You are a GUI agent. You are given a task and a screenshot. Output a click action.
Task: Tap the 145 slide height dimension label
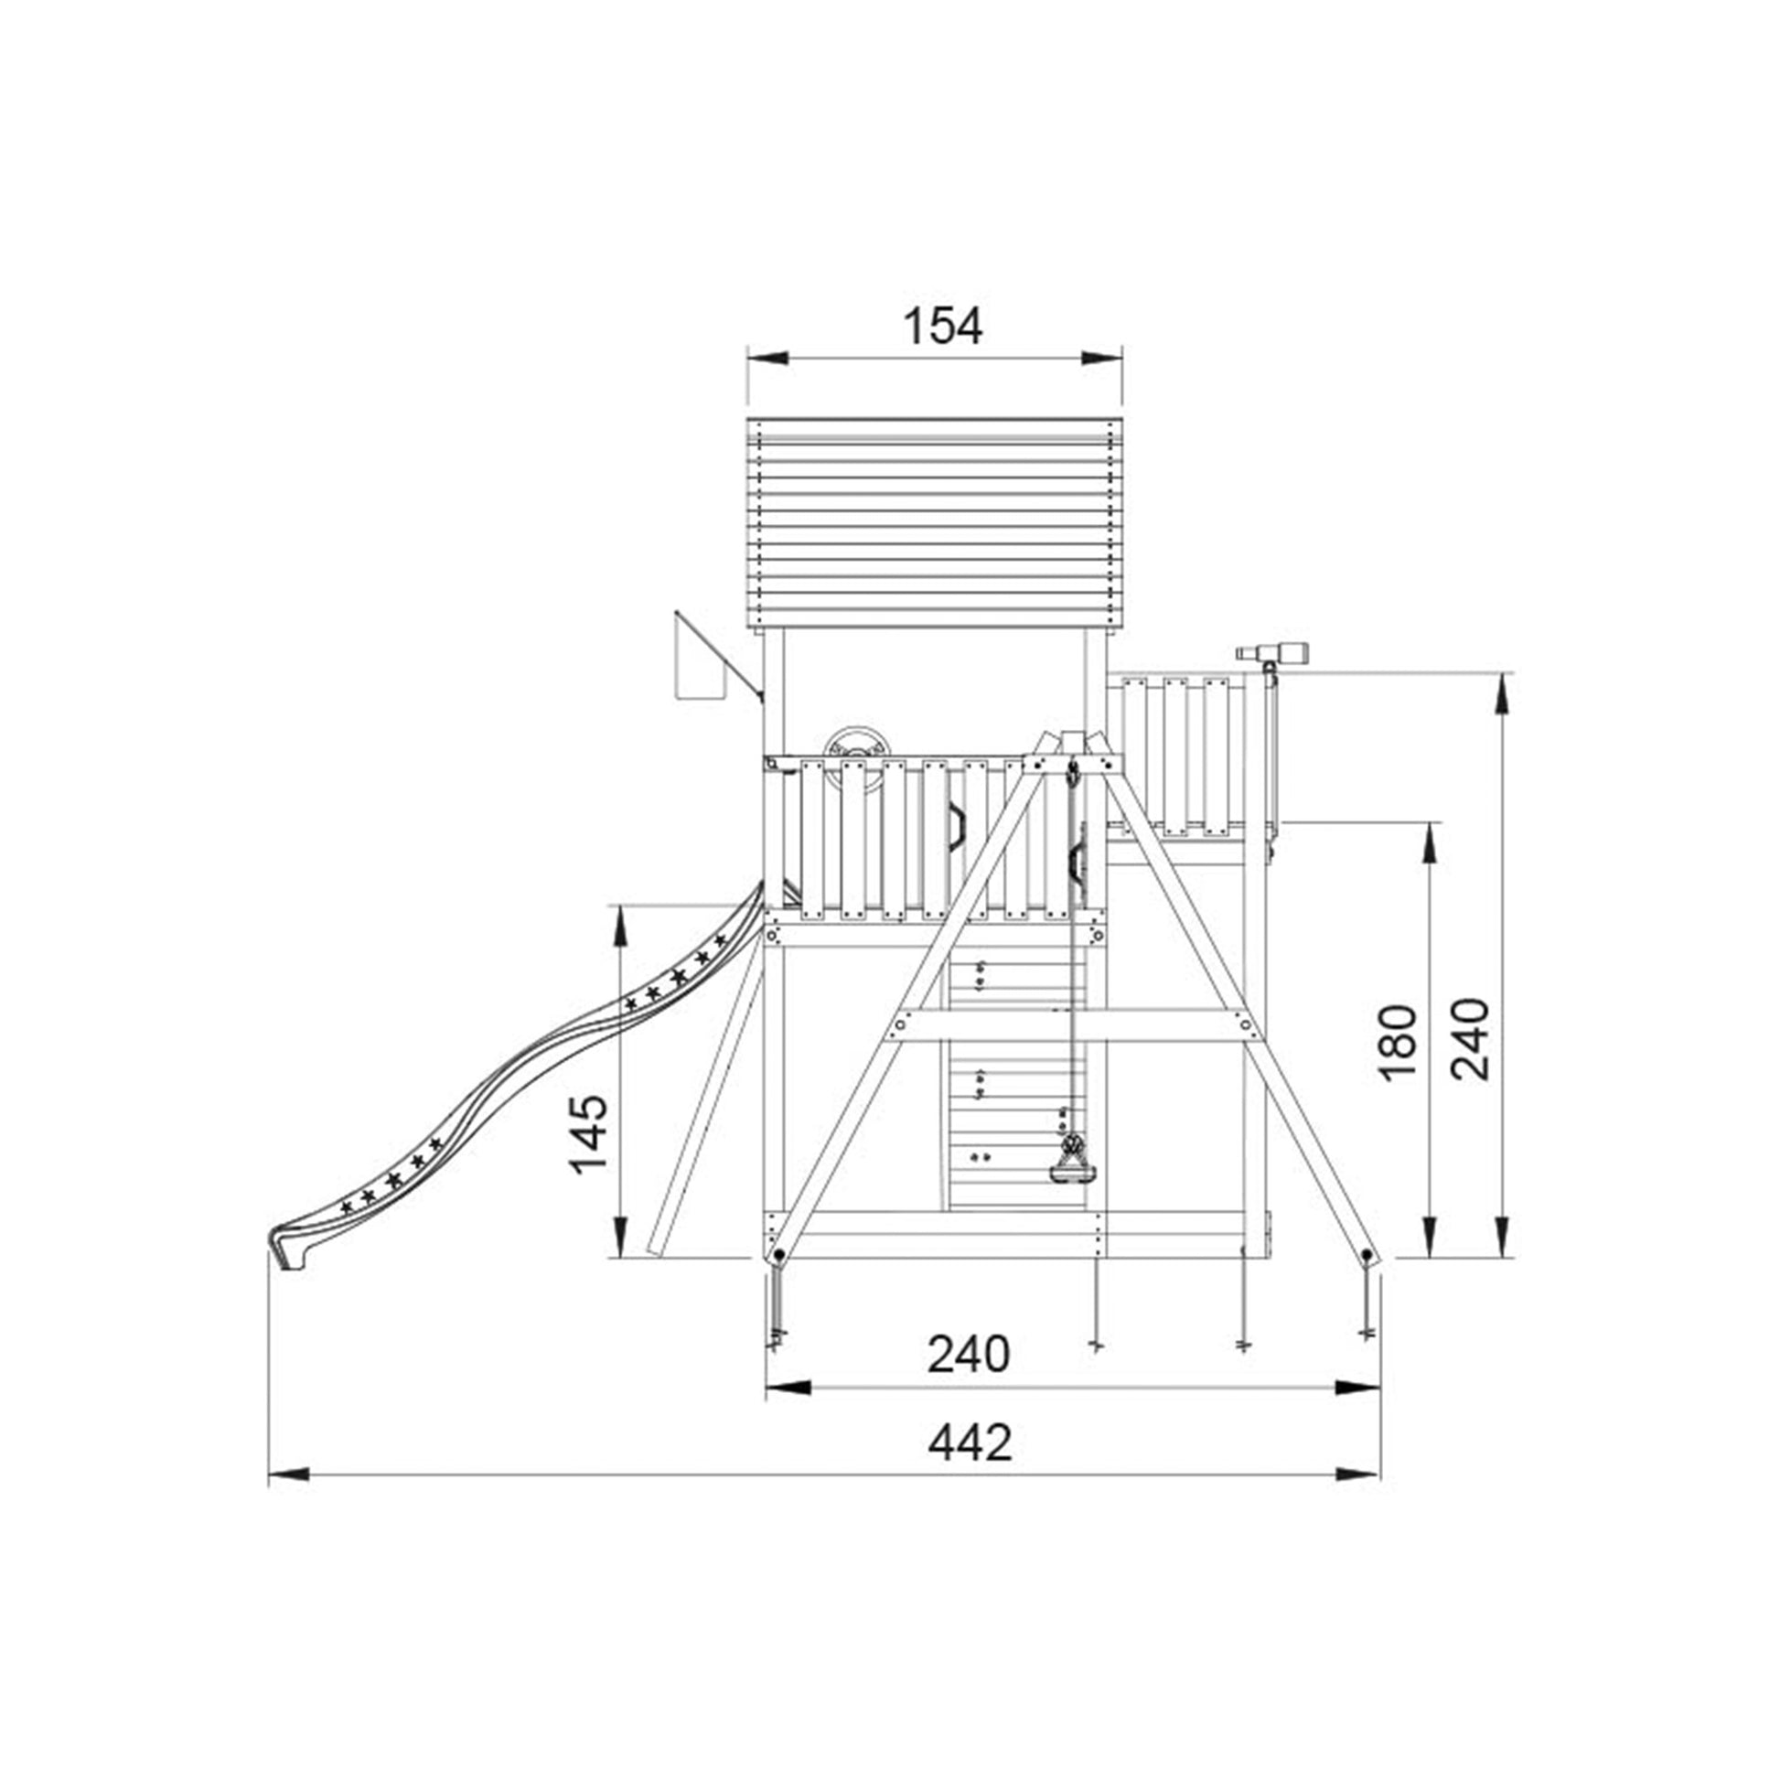(590, 1133)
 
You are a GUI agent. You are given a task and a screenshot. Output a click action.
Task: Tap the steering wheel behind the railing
(857, 743)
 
